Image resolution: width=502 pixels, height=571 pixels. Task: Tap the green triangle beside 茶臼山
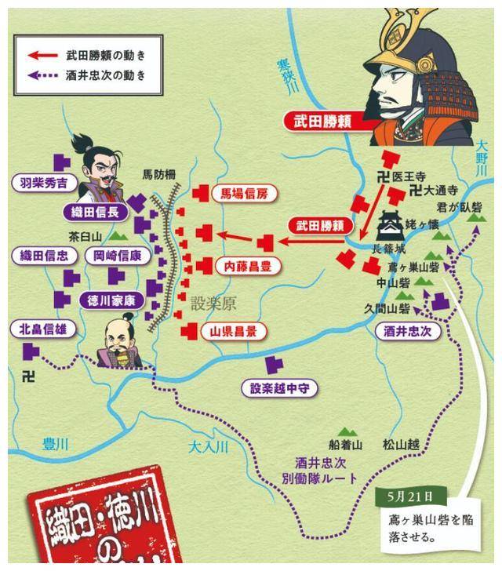(x=118, y=235)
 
